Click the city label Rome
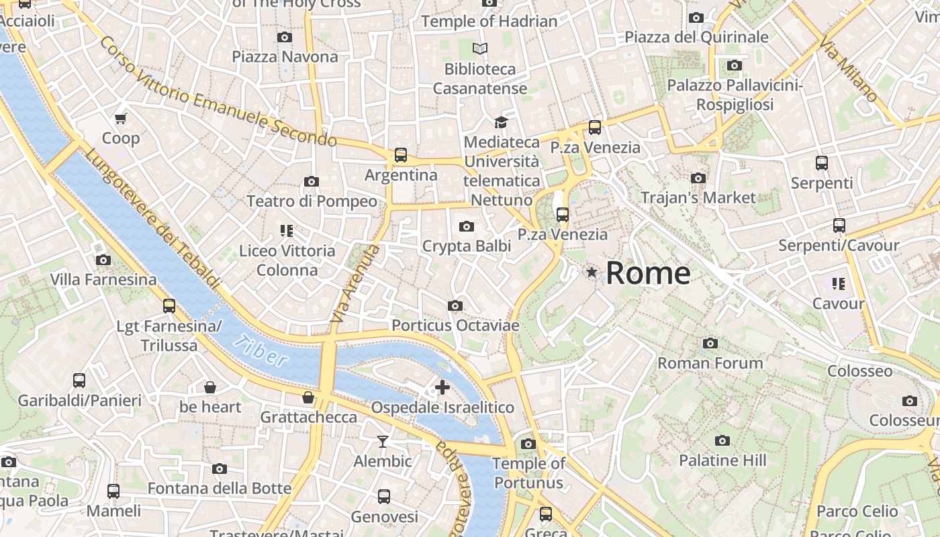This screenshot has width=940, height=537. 648,273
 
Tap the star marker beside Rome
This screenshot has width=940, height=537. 592,272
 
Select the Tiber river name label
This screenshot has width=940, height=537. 262,350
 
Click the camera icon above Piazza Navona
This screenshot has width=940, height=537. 285,37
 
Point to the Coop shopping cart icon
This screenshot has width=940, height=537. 121,119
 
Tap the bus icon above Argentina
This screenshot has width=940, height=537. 401,155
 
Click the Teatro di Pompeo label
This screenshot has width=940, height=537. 312,201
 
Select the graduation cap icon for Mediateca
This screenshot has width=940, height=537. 501,122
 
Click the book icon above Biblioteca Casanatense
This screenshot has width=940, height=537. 480,48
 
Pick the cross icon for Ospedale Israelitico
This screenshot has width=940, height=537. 442,387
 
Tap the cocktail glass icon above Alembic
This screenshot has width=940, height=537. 383,441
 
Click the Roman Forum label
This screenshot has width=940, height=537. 710,363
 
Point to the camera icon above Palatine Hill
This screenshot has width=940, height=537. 722,440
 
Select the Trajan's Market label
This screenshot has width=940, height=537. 698,198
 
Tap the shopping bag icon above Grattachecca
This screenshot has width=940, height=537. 308,397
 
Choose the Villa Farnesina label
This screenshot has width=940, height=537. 103,279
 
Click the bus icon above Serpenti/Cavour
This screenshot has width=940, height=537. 839,226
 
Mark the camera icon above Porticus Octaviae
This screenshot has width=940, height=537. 455,305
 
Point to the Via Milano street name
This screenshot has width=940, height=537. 848,69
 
